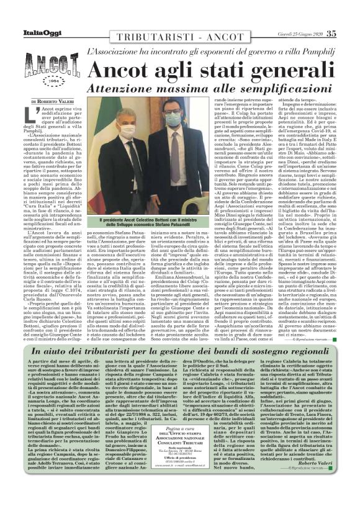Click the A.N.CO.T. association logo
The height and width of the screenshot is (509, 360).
pos(47,66)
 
